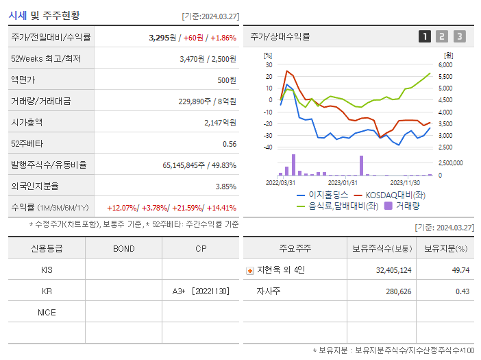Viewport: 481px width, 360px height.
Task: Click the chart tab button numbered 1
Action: point(425,36)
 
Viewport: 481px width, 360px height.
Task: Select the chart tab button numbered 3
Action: point(459,36)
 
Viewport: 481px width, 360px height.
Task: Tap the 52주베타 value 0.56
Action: point(230,143)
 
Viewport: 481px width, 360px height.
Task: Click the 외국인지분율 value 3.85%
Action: point(225,186)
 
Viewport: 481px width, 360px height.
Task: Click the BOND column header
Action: point(123,248)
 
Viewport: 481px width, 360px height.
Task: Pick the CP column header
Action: point(201,248)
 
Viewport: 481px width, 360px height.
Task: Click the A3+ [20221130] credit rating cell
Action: point(201,291)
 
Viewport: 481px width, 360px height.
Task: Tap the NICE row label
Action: point(47,312)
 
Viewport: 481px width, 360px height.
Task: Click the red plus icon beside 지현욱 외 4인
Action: point(249,270)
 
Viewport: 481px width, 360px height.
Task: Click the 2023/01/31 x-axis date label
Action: point(343,182)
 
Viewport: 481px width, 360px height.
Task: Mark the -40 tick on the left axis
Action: point(267,147)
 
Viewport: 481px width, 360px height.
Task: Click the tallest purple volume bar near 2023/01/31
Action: point(361,165)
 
